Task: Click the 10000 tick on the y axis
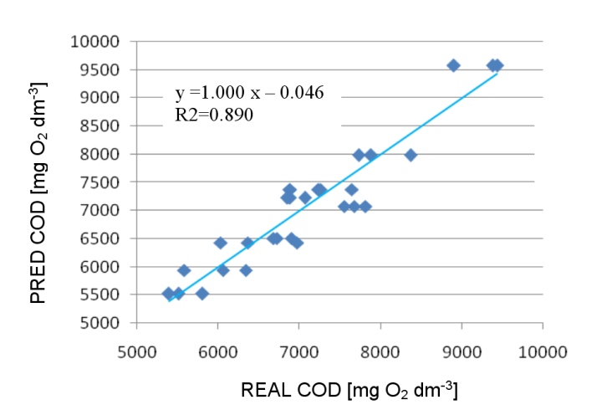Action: [x=105, y=41]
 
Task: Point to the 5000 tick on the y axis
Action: [x=108, y=323]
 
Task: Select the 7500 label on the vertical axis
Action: [x=108, y=182]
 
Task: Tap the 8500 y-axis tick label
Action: [x=108, y=125]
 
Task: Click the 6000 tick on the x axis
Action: [x=217, y=341]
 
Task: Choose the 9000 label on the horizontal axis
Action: [x=462, y=341]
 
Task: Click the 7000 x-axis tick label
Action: [x=298, y=341]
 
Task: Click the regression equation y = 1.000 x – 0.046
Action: [x=249, y=91]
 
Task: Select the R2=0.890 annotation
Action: [x=214, y=115]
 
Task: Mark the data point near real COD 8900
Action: [x=453, y=65]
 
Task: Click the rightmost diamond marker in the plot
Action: [x=497, y=65]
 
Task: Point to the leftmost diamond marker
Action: [x=168, y=294]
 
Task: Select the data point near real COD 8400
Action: [x=411, y=155]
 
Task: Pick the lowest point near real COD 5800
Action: [x=201, y=294]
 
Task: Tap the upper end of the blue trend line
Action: [x=497, y=74]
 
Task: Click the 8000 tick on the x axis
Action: [x=380, y=341]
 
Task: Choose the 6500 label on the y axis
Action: [x=108, y=238]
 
